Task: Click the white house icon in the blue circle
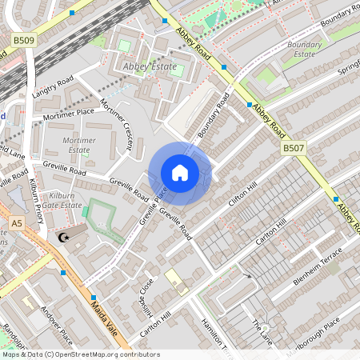(180, 173)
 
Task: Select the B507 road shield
(294, 149)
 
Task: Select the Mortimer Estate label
(78, 145)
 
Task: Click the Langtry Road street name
(53, 87)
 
